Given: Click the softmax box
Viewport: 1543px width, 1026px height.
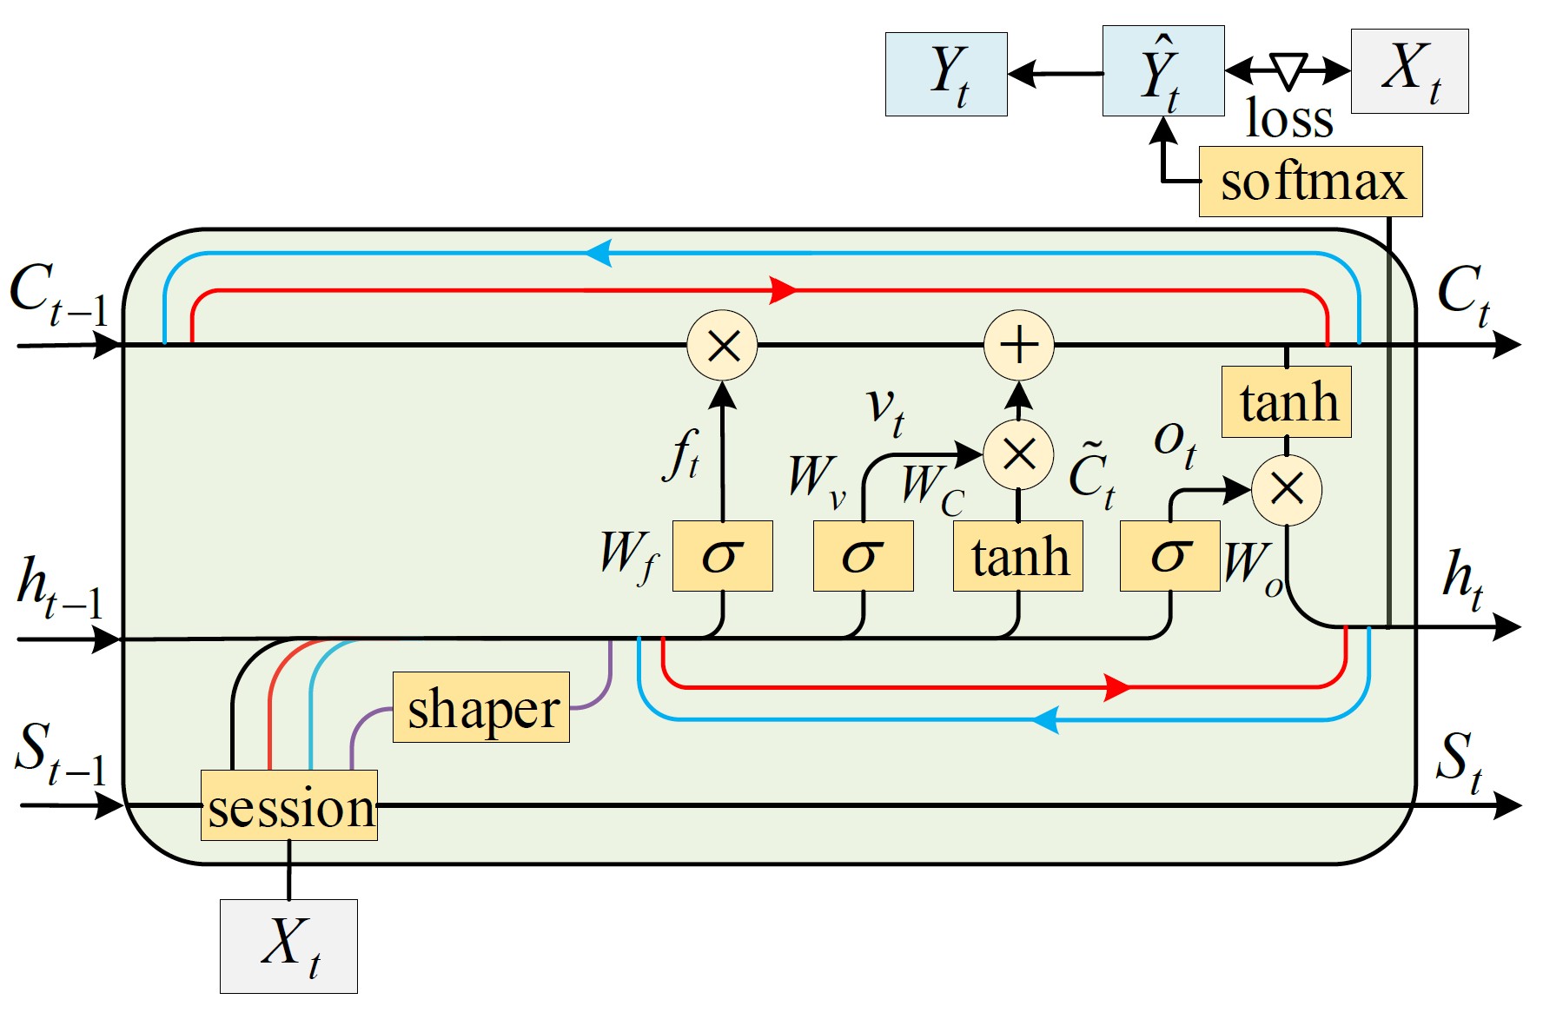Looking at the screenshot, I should coord(1310,182).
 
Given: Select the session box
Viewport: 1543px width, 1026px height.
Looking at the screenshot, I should coord(289,805).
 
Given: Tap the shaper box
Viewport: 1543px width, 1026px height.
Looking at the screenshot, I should coord(481,707).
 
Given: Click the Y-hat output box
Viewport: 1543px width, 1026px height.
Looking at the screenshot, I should coord(1162,71).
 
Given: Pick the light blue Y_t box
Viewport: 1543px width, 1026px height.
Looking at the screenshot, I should coord(946,75).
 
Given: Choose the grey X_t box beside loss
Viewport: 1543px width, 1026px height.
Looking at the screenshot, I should coord(1409,71).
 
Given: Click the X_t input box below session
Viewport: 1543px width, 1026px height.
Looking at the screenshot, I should coord(288,946).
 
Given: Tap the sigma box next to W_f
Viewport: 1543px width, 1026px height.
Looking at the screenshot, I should coord(722,556).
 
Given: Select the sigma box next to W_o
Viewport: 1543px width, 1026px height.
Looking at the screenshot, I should coord(1169,556).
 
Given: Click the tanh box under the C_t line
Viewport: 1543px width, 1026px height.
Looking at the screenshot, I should coord(1286,402).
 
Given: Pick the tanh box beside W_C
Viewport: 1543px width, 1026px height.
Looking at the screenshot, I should coord(1017,556).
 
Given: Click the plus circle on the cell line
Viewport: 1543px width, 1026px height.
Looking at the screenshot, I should coord(1018,345).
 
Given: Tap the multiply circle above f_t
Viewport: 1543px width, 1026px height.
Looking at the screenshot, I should coord(722,345).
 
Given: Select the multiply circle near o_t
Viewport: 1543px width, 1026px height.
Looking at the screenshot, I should coord(1286,490).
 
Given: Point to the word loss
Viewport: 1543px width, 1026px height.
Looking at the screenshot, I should coord(1289,119).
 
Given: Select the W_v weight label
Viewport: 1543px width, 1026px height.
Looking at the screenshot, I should coord(816,480).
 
